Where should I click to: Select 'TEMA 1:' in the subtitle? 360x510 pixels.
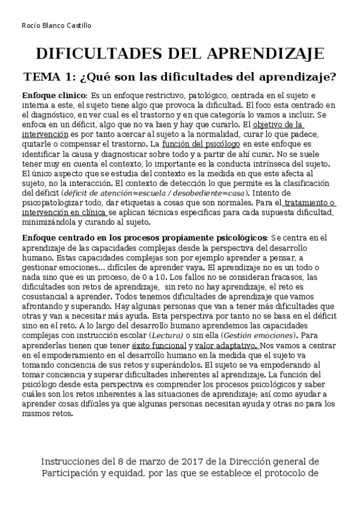point(50,77)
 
